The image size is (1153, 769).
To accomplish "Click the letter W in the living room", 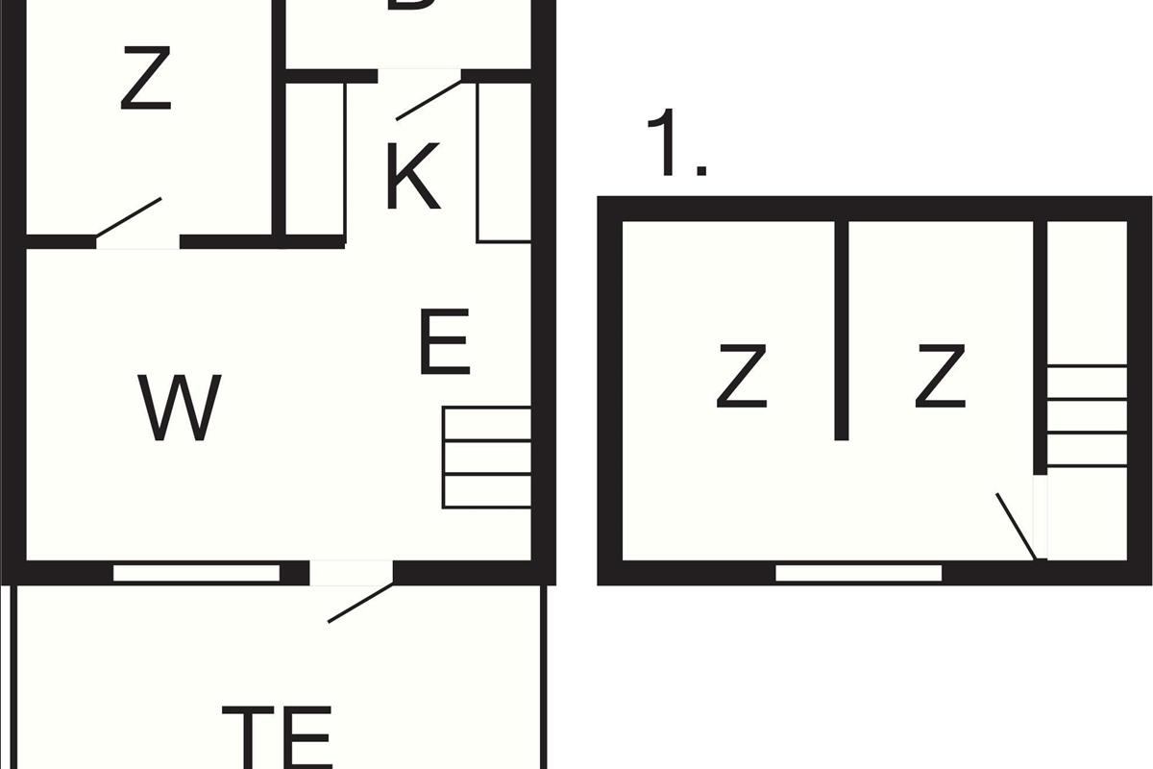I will click(x=180, y=408).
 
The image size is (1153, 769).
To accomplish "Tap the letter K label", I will click(x=413, y=177).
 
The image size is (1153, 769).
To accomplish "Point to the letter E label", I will click(x=445, y=342).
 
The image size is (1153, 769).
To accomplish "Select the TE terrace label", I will click(x=277, y=736).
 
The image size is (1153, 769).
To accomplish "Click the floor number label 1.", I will click(x=676, y=144).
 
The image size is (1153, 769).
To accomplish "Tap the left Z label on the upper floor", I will click(x=742, y=378).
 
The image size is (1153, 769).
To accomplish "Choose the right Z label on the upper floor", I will click(x=940, y=378).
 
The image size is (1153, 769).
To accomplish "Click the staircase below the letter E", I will click(x=486, y=458).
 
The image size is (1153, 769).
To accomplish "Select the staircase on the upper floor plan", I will click(x=1087, y=415).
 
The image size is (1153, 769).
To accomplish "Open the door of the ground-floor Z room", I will click(x=129, y=217).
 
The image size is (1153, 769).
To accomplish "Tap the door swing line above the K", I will click(x=429, y=100).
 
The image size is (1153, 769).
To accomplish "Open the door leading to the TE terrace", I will click(x=359, y=603).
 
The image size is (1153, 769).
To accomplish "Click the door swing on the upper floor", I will click(x=1015, y=525).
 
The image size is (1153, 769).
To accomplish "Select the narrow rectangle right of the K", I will click(x=504, y=161).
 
